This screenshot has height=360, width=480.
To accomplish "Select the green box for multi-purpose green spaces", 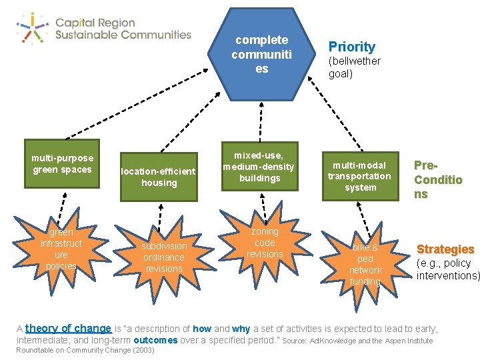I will [x=61, y=164].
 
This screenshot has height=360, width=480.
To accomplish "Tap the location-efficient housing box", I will [x=159, y=177].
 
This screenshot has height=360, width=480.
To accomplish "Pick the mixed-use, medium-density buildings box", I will [x=259, y=167].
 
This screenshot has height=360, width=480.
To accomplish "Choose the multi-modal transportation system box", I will [x=360, y=176].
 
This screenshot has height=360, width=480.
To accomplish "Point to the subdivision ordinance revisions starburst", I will [x=163, y=257].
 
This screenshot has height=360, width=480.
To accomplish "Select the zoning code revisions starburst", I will [x=265, y=243].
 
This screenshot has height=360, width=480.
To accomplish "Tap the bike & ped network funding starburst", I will [x=365, y=264].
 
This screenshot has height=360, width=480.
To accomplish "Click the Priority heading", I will [x=351, y=47].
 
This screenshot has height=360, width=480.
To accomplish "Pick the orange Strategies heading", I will [x=445, y=249].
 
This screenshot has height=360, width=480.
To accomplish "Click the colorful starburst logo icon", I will [x=31, y=27].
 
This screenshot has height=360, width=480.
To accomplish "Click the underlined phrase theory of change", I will [x=68, y=329].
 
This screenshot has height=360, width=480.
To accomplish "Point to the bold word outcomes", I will [x=155, y=340].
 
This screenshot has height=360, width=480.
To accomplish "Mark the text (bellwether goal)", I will [x=354, y=67].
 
